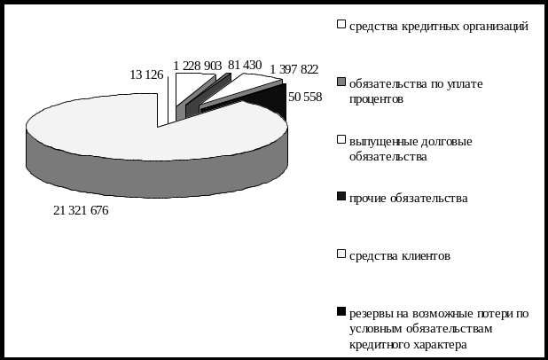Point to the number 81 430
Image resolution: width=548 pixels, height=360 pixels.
(244, 65)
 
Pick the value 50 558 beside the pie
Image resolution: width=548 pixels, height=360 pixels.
(305, 95)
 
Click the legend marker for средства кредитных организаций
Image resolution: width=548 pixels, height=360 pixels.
(341, 25)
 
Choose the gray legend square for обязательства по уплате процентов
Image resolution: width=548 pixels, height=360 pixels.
(341, 82)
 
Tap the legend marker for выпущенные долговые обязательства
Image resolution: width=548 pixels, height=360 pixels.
(341, 140)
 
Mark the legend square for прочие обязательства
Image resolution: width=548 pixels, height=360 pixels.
(341, 197)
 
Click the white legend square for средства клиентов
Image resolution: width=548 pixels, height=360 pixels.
(341, 255)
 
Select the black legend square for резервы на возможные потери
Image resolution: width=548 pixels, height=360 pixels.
(341, 312)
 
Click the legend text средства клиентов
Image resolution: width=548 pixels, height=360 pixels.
(399, 256)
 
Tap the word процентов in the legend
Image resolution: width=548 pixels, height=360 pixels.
(377, 99)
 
